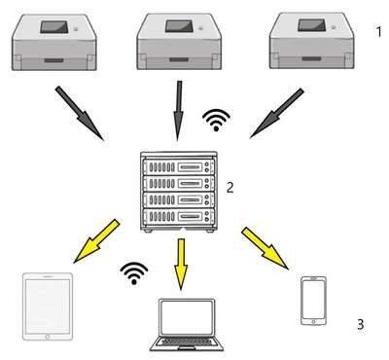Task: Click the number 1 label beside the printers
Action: tap(378, 32)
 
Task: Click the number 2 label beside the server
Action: tap(230, 187)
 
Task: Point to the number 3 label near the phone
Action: tap(360, 324)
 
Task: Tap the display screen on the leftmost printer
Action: tap(54, 27)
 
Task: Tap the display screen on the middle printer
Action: tap(179, 26)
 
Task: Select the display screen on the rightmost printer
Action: tap(311, 25)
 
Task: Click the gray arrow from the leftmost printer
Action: tap(80, 113)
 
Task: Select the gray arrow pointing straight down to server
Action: tap(178, 111)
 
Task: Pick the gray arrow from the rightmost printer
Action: tap(276, 114)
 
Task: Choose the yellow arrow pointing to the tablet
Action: tap(96, 241)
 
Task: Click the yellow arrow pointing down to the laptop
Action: tap(181, 265)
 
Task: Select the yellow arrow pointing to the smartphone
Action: tap(265, 248)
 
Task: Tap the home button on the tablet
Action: tap(48, 337)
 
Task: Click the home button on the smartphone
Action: tap(313, 322)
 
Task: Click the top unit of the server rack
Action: tap(179, 167)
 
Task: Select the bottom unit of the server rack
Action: tap(179, 216)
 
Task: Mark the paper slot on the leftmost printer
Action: tap(53, 60)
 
